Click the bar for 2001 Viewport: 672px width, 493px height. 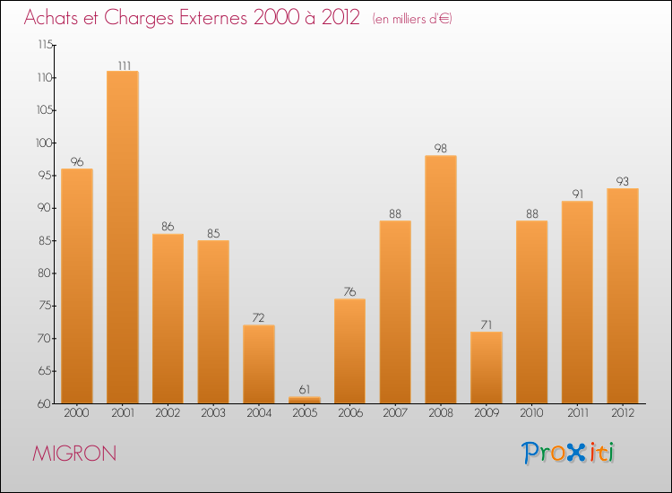[x=123, y=238]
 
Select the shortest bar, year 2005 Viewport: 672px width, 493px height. [x=305, y=400]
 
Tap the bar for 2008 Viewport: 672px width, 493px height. [x=441, y=280]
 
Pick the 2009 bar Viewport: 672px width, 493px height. [x=487, y=368]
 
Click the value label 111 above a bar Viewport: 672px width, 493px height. [x=123, y=65]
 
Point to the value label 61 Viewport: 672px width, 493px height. [x=305, y=390]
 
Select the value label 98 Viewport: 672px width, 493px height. [x=441, y=149]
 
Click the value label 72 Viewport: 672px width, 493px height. [x=259, y=318]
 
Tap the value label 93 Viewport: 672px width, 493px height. [x=623, y=182]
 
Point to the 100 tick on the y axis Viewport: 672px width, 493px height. [x=43, y=143]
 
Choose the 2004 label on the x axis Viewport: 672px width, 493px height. [x=259, y=414]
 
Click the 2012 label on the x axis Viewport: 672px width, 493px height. [x=623, y=414]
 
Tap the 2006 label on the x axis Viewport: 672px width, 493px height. [x=349, y=414]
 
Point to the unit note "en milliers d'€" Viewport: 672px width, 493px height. [x=412, y=19]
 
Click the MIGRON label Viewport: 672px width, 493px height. [x=74, y=454]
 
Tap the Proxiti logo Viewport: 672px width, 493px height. [x=569, y=453]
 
